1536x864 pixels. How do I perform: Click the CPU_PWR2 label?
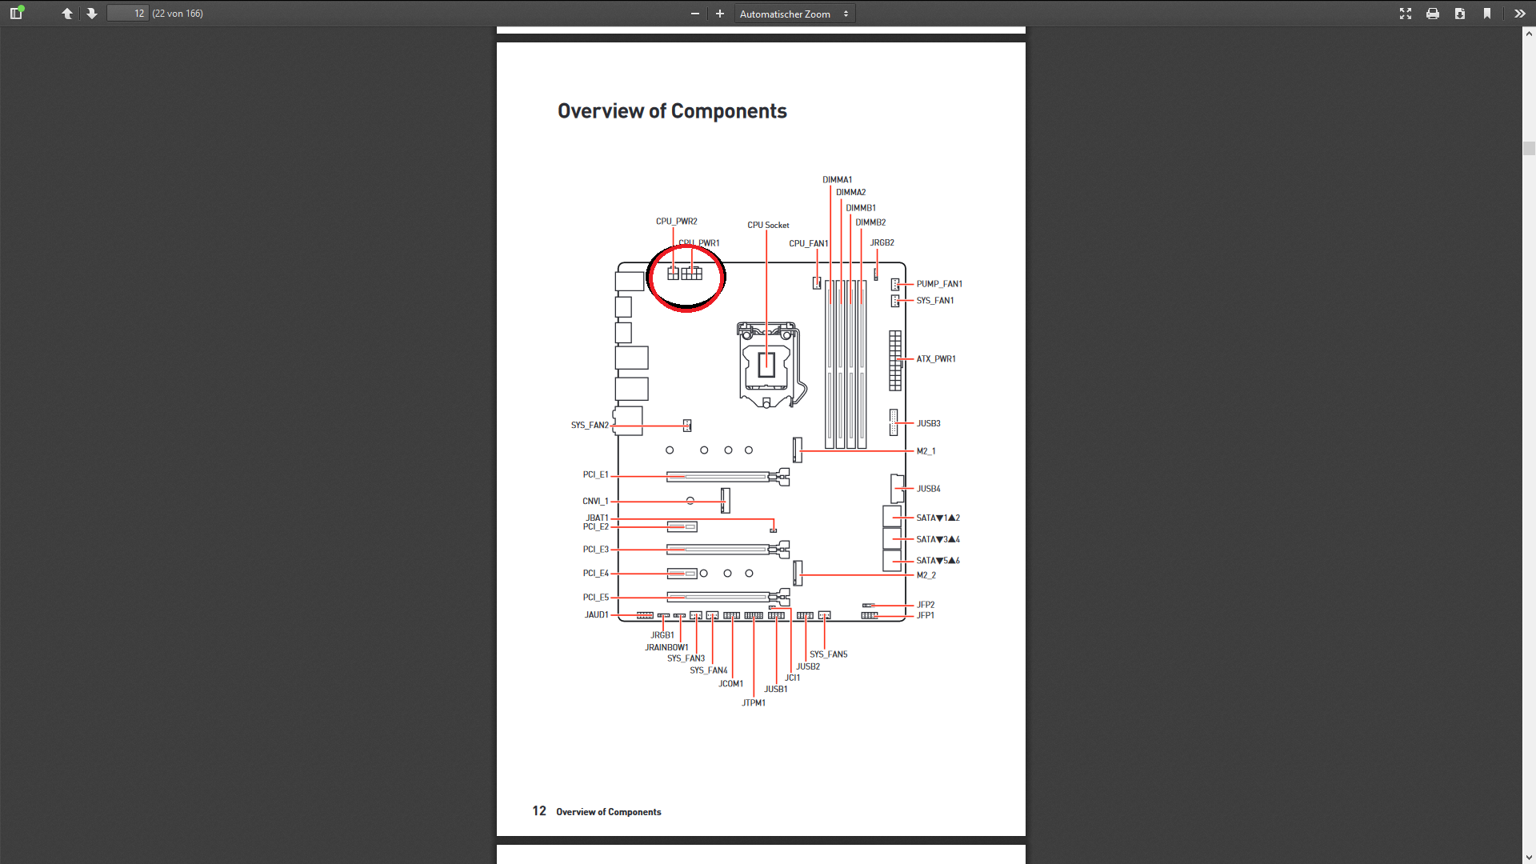(676, 222)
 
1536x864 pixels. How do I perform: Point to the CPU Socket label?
(768, 225)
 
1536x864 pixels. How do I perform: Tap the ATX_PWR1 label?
(936, 359)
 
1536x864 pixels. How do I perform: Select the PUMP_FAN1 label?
(939, 284)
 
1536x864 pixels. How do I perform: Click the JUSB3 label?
(928, 423)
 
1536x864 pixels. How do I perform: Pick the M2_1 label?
(926, 451)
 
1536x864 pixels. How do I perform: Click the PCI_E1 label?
(595, 474)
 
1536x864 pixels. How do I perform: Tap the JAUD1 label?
(596, 614)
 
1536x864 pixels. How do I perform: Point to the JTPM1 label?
(753, 702)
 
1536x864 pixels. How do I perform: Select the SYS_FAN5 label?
(828, 654)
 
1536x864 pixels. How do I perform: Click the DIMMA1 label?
(837, 180)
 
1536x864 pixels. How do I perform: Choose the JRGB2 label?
(882, 242)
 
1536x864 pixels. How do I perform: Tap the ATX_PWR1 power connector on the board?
(894, 360)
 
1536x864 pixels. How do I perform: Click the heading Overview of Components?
(672, 111)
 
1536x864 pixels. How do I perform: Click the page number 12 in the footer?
(539, 811)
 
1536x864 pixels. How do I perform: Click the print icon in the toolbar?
(1432, 14)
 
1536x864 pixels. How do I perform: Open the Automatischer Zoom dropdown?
(794, 14)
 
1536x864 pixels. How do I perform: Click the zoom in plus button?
(719, 14)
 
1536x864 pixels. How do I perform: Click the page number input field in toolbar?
(128, 14)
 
